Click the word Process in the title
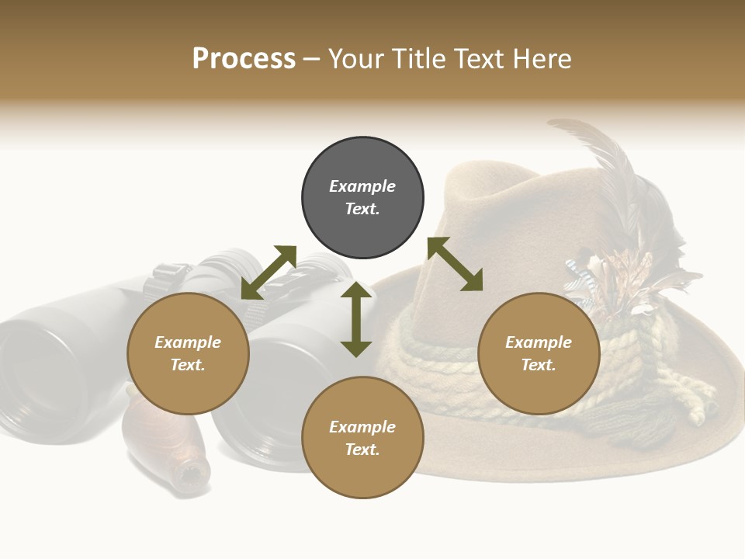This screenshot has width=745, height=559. point(244,59)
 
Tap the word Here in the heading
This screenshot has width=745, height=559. point(541,59)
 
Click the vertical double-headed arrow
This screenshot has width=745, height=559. point(356,319)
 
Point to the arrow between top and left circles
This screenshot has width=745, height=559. point(269,273)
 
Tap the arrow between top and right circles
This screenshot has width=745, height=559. point(455,264)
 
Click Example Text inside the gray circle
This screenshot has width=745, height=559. point(362,197)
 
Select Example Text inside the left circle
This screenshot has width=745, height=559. point(188,353)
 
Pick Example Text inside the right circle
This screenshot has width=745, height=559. point(539,353)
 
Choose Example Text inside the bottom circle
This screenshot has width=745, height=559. point(362,438)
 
